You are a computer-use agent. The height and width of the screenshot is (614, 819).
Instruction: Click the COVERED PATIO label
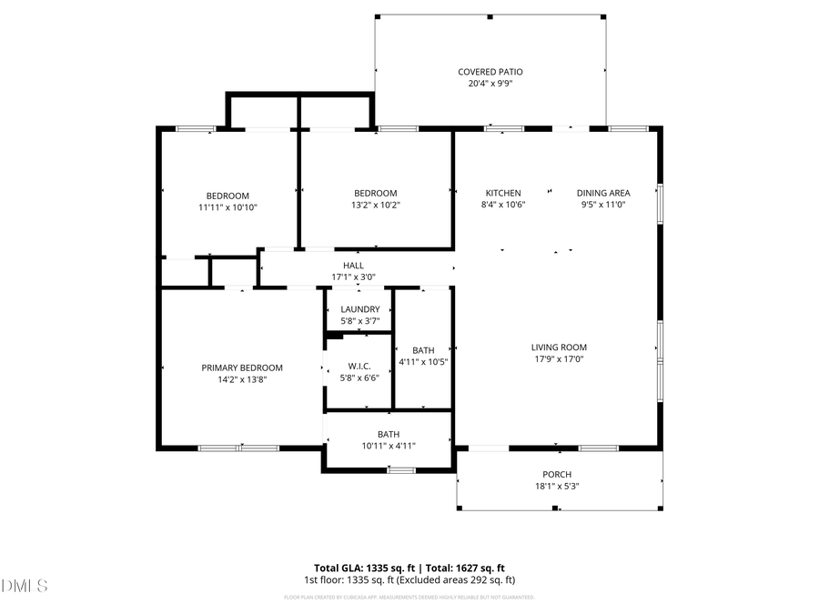pyautogui.click(x=490, y=72)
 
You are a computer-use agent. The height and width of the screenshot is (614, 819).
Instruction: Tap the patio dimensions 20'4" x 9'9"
pyautogui.click(x=490, y=84)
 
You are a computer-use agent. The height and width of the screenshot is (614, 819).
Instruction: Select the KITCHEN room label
pyautogui.click(x=503, y=193)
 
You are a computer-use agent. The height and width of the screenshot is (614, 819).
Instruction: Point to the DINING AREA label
pyautogui.click(x=603, y=193)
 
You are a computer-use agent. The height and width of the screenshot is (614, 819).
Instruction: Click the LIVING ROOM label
pyautogui.click(x=559, y=347)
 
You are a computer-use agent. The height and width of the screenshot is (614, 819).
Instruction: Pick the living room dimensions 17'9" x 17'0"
pyautogui.click(x=559, y=359)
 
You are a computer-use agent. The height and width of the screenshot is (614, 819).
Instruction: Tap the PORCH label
pyautogui.click(x=557, y=475)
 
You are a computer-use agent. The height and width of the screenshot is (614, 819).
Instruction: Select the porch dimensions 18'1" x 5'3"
pyautogui.click(x=557, y=487)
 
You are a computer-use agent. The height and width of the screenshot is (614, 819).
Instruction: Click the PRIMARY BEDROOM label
pyautogui.click(x=242, y=367)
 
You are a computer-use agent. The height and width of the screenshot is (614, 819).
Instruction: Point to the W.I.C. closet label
pyautogui.click(x=359, y=366)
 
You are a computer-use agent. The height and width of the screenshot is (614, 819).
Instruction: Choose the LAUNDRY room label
pyautogui.click(x=360, y=309)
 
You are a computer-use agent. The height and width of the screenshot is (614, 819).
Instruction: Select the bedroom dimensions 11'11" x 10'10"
pyautogui.click(x=227, y=207)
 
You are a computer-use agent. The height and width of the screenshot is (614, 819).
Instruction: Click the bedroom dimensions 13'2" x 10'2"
pyautogui.click(x=376, y=206)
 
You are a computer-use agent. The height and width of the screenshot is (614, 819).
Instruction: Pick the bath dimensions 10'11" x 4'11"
pyautogui.click(x=389, y=446)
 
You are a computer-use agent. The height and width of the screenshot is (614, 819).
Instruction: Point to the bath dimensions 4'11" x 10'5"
pyautogui.click(x=423, y=362)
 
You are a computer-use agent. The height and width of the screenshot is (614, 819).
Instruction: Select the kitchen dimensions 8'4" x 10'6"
pyautogui.click(x=503, y=205)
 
